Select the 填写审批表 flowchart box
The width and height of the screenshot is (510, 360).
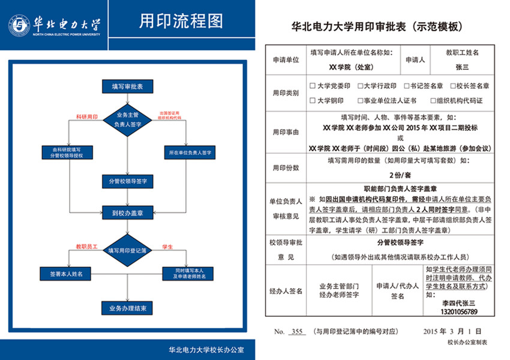[127, 86]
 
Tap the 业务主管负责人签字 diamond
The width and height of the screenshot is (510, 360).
[127, 119]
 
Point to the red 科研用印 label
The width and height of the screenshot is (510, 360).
[86, 116]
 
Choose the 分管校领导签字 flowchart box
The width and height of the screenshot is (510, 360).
[127, 181]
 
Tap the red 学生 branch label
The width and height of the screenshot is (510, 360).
[167, 247]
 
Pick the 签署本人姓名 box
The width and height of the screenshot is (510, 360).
[67, 274]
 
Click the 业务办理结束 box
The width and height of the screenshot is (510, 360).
[127, 308]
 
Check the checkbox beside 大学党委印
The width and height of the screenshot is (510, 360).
[312, 86]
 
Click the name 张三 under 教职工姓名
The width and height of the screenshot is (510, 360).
[462, 67]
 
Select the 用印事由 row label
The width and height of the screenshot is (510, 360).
[286, 132]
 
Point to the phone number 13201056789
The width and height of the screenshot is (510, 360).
[458, 312]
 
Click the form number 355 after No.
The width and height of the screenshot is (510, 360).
[296, 331]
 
